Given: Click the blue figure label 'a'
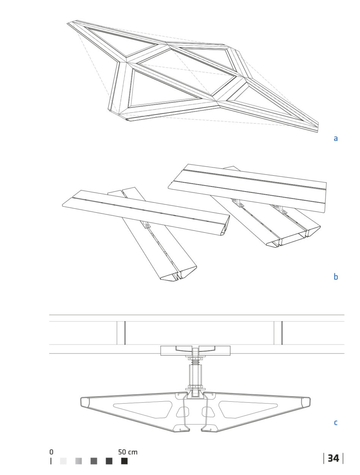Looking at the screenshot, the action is click(x=335, y=138).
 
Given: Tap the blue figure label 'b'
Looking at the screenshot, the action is click(x=336, y=276).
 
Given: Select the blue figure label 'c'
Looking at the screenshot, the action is click(x=336, y=422).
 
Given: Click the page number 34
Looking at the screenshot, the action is click(x=333, y=458).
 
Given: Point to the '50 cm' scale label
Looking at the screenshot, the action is click(x=128, y=452).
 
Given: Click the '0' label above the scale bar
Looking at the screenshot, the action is click(x=51, y=452).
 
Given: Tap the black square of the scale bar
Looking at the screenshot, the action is click(x=124, y=461).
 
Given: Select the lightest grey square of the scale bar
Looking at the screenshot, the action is click(x=63, y=461).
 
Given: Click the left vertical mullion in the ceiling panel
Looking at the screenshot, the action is click(x=121, y=333).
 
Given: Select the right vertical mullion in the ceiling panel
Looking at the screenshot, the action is click(x=278, y=333).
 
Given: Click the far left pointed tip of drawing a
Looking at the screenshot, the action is click(x=68, y=23).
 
